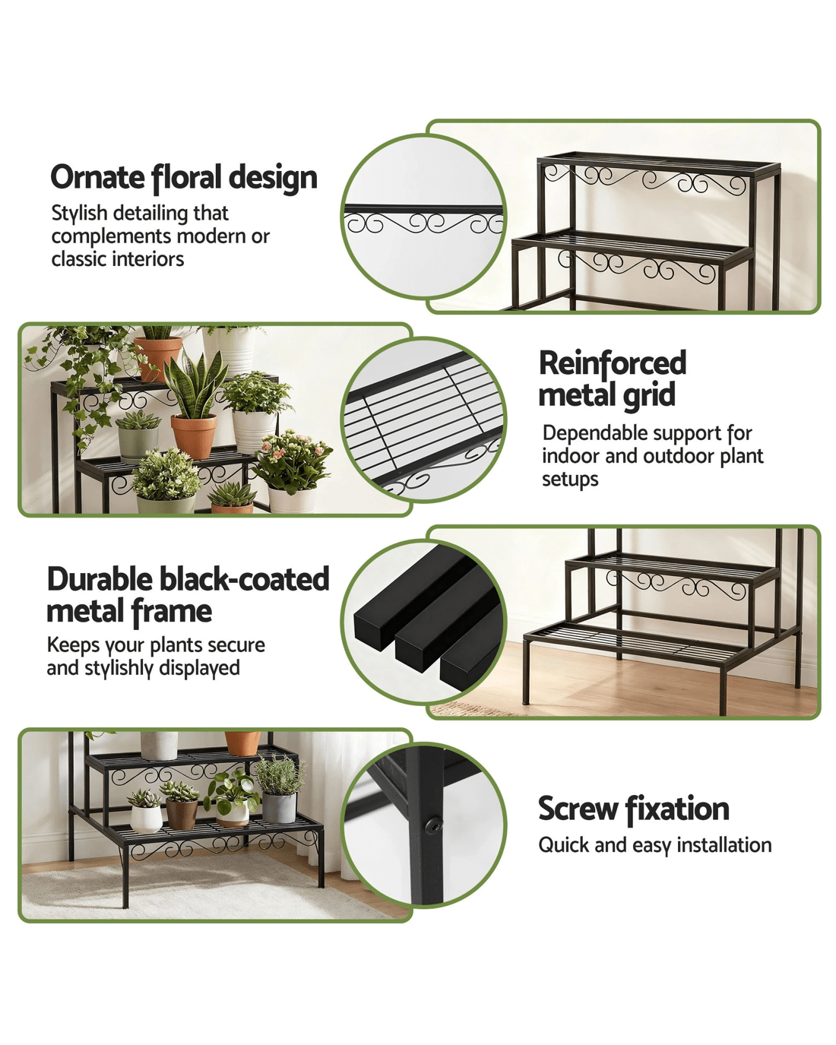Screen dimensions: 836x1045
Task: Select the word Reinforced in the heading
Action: pos(613,363)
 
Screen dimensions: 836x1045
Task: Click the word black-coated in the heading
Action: pos(244,579)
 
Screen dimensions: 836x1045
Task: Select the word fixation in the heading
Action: pos(676,809)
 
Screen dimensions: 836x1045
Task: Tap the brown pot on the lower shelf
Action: pos(182,815)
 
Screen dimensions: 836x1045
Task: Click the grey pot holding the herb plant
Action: pos(279,807)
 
